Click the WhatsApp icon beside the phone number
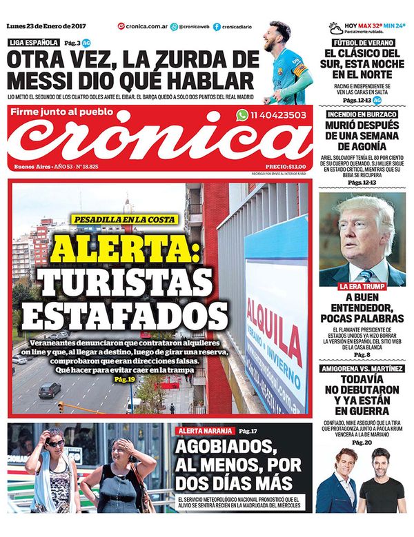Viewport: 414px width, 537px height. (x=241, y=116)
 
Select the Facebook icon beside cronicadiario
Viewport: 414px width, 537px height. (x=217, y=26)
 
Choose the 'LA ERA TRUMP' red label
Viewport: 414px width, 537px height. (x=362, y=285)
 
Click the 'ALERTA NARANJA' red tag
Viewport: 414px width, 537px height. (x=205, y=430)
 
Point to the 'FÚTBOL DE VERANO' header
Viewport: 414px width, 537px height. (x=363, y=43)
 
